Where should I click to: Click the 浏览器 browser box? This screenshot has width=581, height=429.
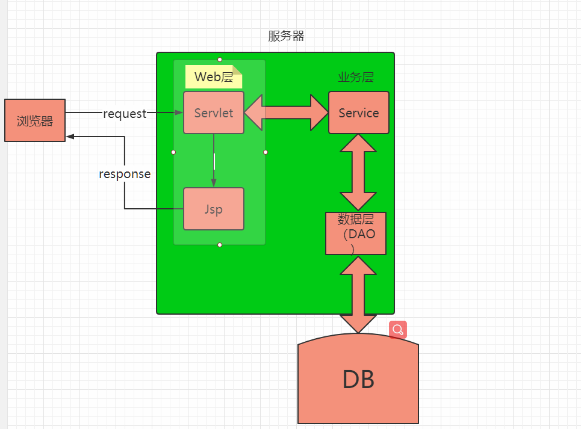coord(34,120)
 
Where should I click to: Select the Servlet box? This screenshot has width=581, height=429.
coord(214,113)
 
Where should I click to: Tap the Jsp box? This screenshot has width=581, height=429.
coord(214,209)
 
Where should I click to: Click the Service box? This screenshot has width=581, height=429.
coord(359,113)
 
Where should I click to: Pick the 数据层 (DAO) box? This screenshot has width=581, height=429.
coord(356,233)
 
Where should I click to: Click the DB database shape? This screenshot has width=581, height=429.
coord(358,380)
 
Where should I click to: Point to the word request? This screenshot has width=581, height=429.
coord(125,113)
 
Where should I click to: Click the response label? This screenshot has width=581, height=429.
coord(125,174)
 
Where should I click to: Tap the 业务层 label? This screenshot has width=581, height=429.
coord(356,77)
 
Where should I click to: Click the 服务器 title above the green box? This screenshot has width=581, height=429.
coord(287,36)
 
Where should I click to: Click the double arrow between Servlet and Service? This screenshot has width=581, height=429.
coord(286,113)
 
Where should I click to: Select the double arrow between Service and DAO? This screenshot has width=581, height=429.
coord(358,172)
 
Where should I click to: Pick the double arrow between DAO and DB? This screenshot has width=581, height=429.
coord(358,294)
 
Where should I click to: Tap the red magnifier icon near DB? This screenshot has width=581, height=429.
coord(398,330)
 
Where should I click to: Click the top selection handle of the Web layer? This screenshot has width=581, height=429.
coord(220,60)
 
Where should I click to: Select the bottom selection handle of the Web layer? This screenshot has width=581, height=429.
coord(220,245)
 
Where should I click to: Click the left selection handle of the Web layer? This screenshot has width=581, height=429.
coord(173,152)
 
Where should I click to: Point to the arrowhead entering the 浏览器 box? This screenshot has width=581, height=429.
coord(70,137)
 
